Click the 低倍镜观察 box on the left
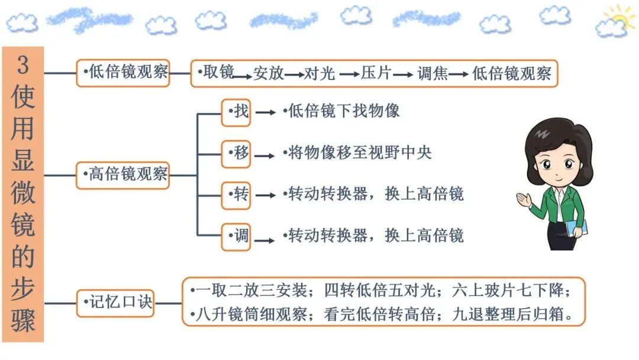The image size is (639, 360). tap(123, 73)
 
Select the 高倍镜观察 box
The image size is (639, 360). tap(123, 175)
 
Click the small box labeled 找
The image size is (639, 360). tap(236, 112)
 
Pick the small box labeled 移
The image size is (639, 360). tap(236, 153)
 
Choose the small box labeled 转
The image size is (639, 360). tap(236, 195)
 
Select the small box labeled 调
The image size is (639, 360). tap(236, 237)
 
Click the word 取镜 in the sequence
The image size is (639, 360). tap(217, 73)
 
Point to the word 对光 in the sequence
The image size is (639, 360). tap(319, 73)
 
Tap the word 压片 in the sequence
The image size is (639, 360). tap(376, 73)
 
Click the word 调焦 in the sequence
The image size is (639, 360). tap(432, 73)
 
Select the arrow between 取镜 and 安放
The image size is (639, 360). tap(243, 76)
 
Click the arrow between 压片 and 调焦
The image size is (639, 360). tap(404, 75)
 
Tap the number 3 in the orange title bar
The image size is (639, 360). tap(22, 65)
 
